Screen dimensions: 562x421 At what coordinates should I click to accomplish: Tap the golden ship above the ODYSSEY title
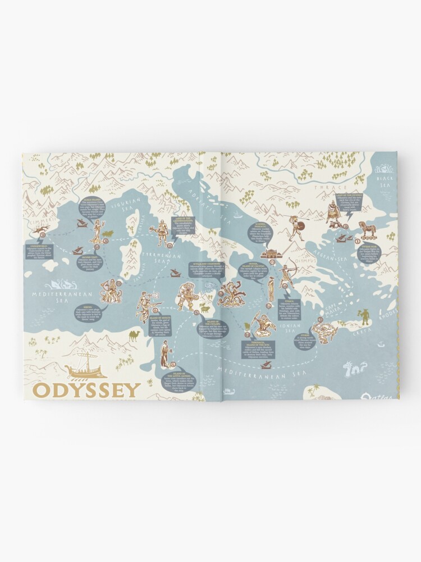(x=85, y=366)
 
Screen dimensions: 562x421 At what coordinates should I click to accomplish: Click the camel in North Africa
(x=134, y=336)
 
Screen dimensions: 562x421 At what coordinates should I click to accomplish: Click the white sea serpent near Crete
(x=355, y=369)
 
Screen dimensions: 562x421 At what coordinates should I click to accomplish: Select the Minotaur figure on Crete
(x=365, y=316)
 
